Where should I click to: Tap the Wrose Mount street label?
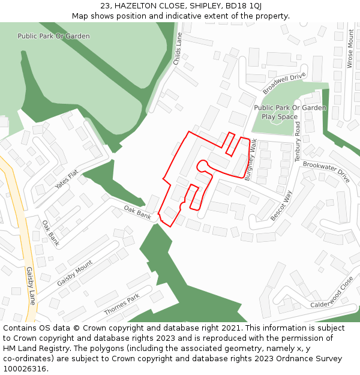(350, 49)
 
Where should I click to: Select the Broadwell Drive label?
(284, 83)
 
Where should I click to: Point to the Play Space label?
(280, 117)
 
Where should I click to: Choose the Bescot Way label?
(281, 206)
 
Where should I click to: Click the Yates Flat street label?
(67, 179)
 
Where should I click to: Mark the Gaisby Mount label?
(75, 273)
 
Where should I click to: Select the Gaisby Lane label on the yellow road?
(30, 286)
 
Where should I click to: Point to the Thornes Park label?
(122, 304)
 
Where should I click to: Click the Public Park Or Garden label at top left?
(53, 36)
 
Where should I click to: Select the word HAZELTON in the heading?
(136, 5)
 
